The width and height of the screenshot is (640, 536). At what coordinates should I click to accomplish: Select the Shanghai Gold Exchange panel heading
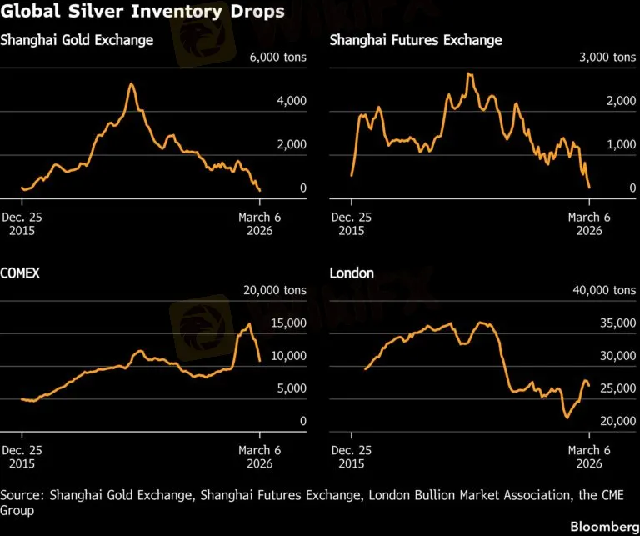click(x=77, y=40)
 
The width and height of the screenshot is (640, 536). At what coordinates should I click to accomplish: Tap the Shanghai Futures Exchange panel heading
click(x=416, y=40)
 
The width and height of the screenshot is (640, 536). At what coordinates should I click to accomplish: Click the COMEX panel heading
click(x=21, y=273)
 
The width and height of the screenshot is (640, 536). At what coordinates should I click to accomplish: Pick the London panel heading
click(x=352, y=273)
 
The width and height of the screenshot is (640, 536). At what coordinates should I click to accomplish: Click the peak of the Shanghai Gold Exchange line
click(x=131, y=83)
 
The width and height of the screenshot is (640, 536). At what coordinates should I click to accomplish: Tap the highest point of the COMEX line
click(x=248, y=323)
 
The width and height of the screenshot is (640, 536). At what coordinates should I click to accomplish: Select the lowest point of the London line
click(x=568, y=417)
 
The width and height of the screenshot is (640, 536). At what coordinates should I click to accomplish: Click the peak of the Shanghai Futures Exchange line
click(x=469, y=73)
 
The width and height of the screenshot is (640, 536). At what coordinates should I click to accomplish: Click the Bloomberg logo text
click(x=601, y=527)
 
